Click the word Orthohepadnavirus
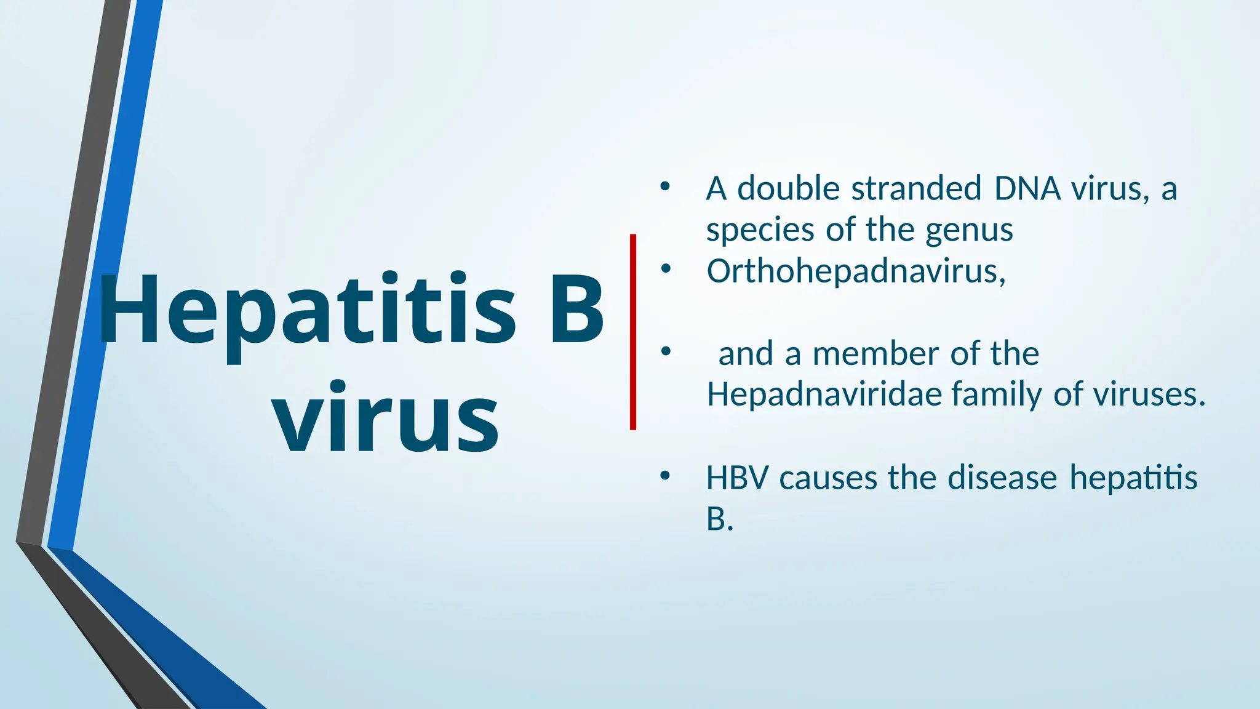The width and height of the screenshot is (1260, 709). [x=856, y=271]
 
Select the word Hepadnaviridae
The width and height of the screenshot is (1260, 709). [x=824, y=394]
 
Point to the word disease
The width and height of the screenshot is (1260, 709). [x=1002, y=478]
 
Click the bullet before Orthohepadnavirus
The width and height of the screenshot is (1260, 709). [x=664, y=268]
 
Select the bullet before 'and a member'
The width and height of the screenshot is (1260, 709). [x=664, y=351]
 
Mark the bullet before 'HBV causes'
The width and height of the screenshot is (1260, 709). [x=664, y=475]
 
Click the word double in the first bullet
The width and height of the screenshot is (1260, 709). [x=788, y=188]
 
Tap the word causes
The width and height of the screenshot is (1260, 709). [x=827, y=478]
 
